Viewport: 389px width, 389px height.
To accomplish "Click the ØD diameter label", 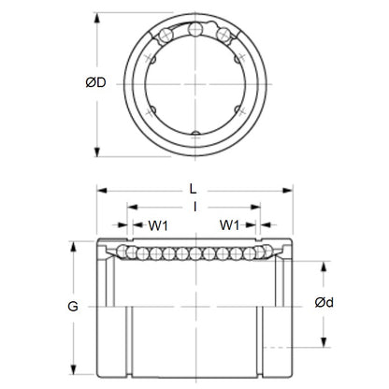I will click(x=83, y=82).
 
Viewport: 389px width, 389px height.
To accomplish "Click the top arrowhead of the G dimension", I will click(x=72, y=246).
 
